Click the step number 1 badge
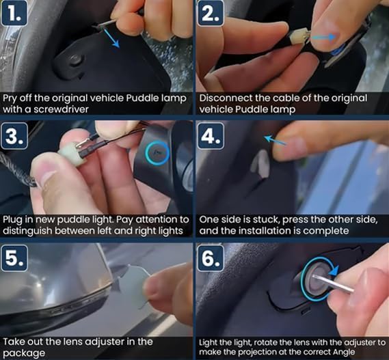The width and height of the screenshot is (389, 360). pyautogui.click(x=14, y=14)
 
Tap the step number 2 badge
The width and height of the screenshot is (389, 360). pyautogui.click(x=211, y=14)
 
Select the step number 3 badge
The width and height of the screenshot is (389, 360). pyautogui.click(x=14, y=136)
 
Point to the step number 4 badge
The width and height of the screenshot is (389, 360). pyautogui.click(x=211, y=136)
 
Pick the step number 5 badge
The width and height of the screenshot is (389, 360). pyautogui.click(x=14, y=258)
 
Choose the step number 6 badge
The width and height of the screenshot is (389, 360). pyautogui.click(x=211, y=258)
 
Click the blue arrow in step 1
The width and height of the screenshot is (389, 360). pyautogui.click(x=111, y=38)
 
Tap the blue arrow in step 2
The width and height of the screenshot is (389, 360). pyautogui.click(x=323, y=37)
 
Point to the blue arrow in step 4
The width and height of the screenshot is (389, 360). pyautogui.click(x=275, y=140)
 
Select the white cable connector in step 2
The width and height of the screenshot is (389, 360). pyautogui.click(x=299, y=37)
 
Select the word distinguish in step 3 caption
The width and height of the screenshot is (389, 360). pyautogui.click(x=28, y=231)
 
